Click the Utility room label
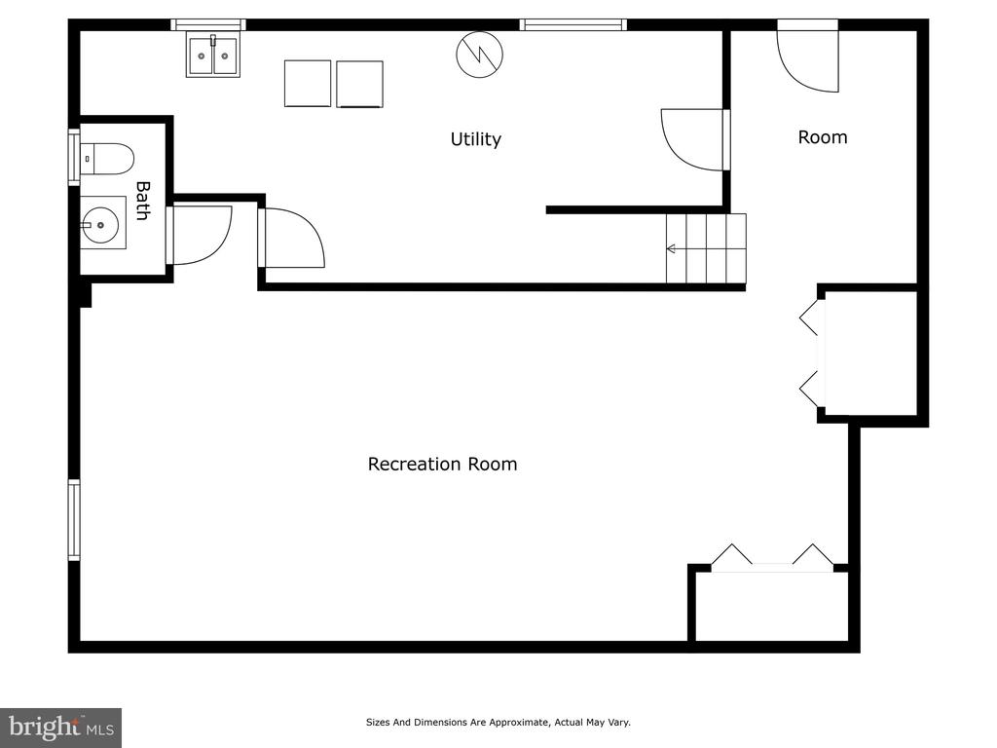click(475, 139)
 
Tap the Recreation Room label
click(443, 464)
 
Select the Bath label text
click(144, 201)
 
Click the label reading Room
click(823, 137)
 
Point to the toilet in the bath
click(107, 159)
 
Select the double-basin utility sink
click(213, 56)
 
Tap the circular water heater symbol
click(479, 55)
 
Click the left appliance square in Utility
click(308, 84)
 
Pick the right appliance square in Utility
click(360, 84)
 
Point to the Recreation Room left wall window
click(74, 520)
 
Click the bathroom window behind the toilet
click(74, 157)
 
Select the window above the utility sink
click(208, 24)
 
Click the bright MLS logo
click(61, 728)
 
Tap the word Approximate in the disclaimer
click(518, 722)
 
